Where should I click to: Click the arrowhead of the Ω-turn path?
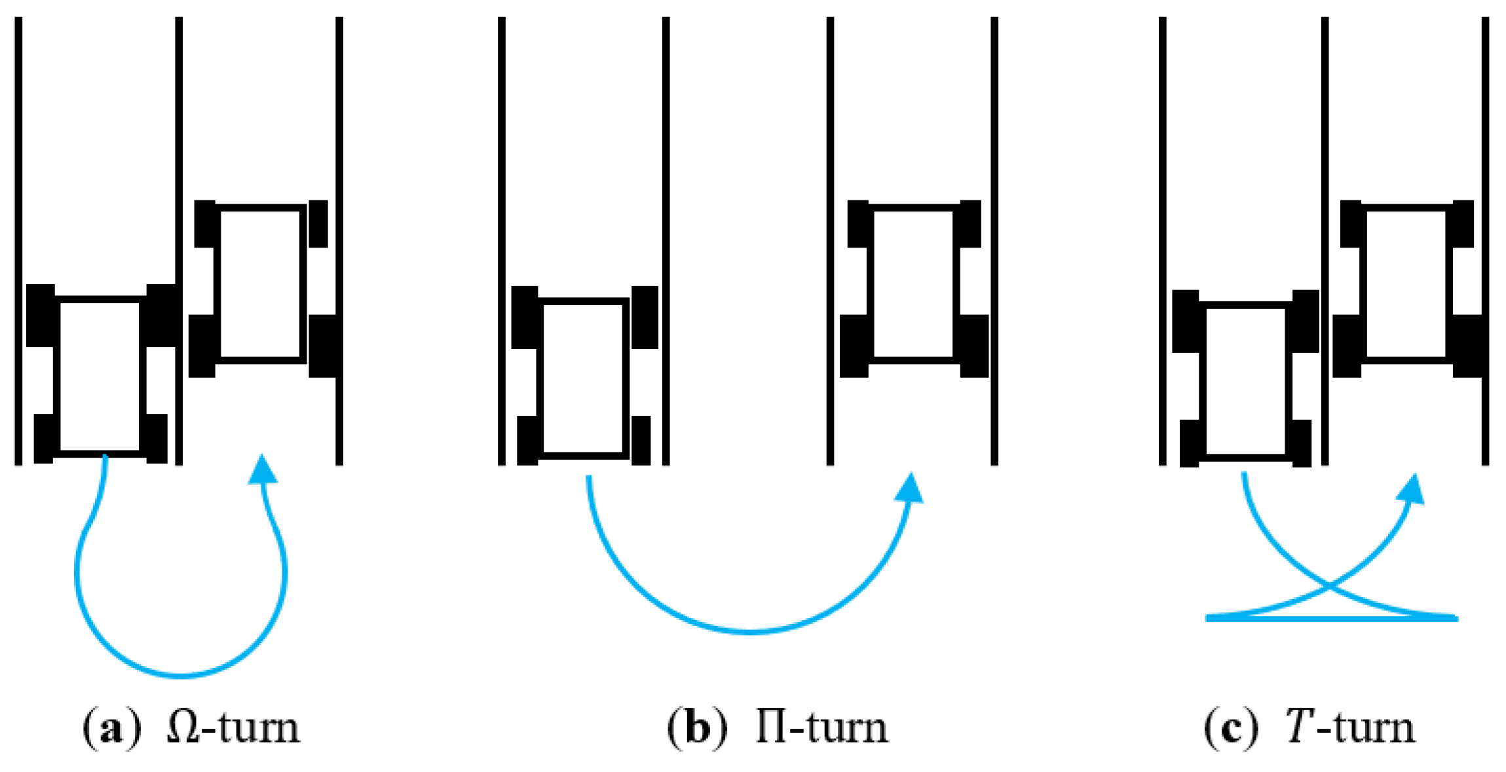pos(263,469)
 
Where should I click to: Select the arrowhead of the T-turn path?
pos(1414,488)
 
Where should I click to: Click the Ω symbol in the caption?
pos(184,727)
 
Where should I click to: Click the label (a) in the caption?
pos(111,727)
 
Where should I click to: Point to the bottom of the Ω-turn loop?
pos(181,674)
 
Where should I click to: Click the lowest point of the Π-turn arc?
pos(751,631)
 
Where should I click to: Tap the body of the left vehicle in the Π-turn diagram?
pos(582,377)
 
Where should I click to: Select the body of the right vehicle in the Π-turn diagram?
pos(914,284)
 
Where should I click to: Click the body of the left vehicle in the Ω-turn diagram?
pos(100,376)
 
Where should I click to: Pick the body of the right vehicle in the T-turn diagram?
pos(1406,284)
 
